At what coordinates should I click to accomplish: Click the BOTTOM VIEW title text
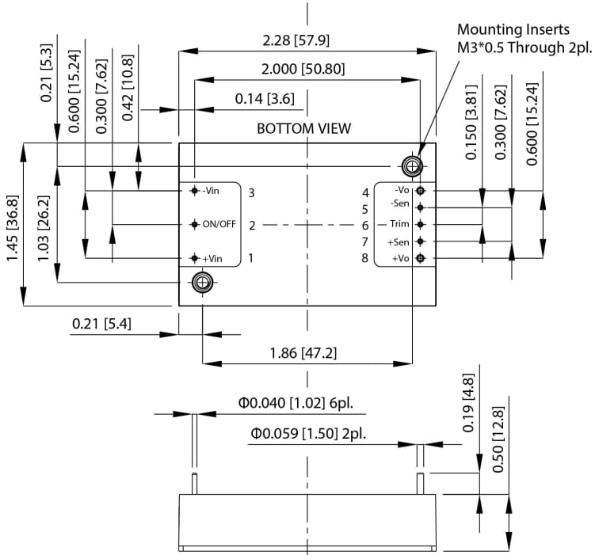303,128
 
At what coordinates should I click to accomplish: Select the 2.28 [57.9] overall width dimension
307,39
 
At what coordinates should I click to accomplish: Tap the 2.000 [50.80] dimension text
306,69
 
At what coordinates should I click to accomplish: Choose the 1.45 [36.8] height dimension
13,224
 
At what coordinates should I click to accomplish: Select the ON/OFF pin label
219,224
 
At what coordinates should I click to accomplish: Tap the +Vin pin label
211,257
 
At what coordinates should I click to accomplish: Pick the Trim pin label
399,224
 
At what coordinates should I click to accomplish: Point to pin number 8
365,258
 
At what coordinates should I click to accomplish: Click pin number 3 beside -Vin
251,192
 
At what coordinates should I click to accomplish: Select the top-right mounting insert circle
412,165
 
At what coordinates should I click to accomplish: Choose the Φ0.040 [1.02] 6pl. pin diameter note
296,404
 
